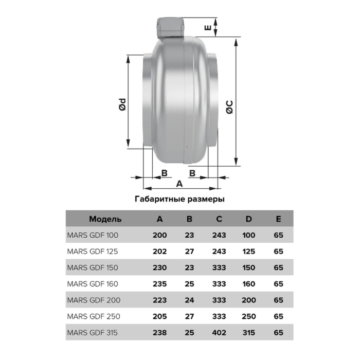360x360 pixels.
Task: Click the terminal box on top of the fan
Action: tap(171, 28)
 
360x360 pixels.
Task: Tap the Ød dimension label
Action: tap(123, 104)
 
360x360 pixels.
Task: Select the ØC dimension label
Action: tap(229, 107)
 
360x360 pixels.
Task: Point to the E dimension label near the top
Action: tap(208, 28)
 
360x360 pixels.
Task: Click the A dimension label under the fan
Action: tap(179, 184)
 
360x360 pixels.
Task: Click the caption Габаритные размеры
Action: tap(179, 199)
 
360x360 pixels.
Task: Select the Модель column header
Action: tap(105, 219)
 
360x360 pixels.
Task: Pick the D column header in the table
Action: tap(248, 219)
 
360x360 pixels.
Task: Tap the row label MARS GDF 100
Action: tap(93, 236)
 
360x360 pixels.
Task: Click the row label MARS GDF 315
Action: tap(92, 333)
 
